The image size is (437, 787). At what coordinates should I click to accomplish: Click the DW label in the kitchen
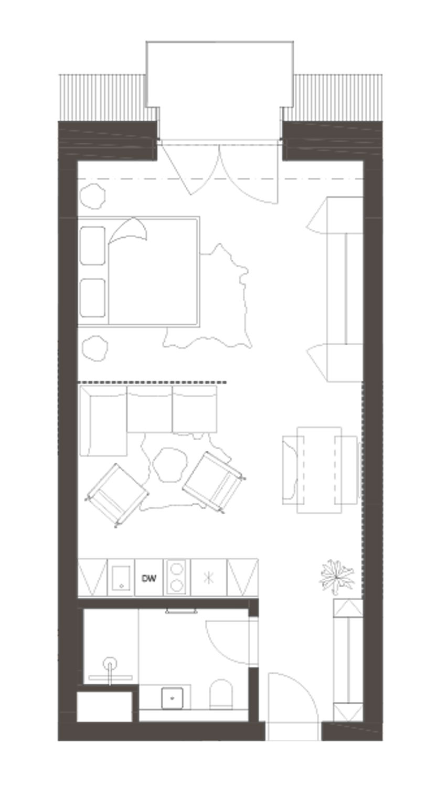[148, 578]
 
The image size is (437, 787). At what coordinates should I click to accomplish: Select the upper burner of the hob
[176, 568]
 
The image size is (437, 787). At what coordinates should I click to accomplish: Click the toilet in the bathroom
[221, 694]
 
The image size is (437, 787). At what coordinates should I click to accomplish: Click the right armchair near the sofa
[214, 482]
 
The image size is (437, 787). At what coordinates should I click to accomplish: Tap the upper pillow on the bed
[92, 246]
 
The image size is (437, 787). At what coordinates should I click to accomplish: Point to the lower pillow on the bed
[92, 298]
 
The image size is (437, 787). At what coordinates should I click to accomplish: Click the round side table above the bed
[93, 196]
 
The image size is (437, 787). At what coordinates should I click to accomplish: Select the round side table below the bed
[95, 348]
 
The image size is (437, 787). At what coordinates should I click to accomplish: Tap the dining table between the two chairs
[319, 470]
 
